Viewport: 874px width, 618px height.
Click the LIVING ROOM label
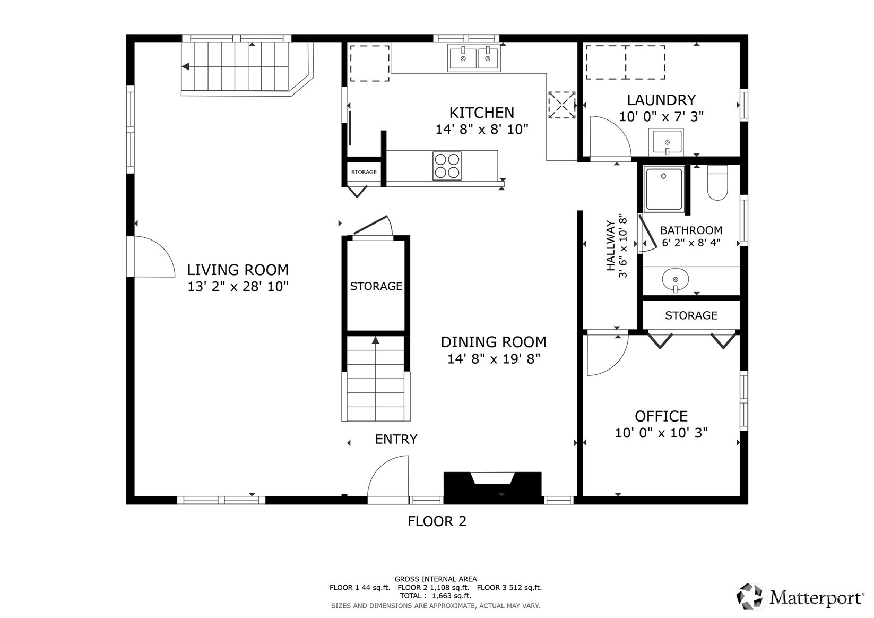pyautogui.click(x=238, y=270)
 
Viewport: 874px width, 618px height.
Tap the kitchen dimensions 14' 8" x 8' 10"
pyautogui.click(x=481, y=129)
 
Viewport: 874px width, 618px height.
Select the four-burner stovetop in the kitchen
pyautogui.click(x=447, y=166)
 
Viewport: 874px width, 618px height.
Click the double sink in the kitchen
pyautogui.click(x=474, y=58)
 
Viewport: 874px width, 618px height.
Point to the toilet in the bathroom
pyautogui.click(x=717, y=183)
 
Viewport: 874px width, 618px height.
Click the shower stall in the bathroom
pyautogui.click(x=664, y=189)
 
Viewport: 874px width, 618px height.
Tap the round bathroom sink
pyautogui.click(x=676, y=279)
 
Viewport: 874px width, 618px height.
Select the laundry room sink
pyautogui.click(x=667, y=141)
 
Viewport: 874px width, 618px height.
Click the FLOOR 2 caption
pyautogui.click(x=437, y=521)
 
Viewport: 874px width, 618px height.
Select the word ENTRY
pyautogui.click(x=396, y=439)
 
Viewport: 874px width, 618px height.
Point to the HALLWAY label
pyautogui.click(x=610, y=246)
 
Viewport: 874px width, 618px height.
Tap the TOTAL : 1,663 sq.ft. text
pyautogui.click(x=436, y=596)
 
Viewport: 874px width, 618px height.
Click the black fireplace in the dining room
pyautogui.click(x=492, y=487)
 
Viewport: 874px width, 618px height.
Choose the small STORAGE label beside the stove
pyautogui.click(x=364, y=172)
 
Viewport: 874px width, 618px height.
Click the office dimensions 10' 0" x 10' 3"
pyautogui.click(x=661, y=433)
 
